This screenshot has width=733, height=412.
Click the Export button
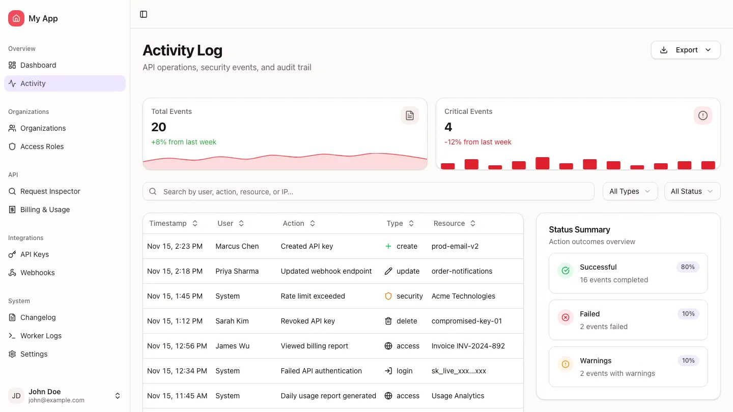pos(686,50)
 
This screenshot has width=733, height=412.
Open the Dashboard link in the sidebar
pos(38,65)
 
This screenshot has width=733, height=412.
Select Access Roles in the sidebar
pos(42,146)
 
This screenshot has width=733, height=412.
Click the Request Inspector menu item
pos(50,191)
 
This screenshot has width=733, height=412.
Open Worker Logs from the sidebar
pos(41,336)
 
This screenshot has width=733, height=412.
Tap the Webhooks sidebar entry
pos(38,273)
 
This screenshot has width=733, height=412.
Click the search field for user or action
pos(369,192)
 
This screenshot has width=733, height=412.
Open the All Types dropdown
pos(630,191)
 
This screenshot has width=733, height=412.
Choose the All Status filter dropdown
pos(692,191)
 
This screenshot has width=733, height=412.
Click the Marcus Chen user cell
pos(237,246)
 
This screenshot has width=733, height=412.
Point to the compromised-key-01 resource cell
pos(467,321)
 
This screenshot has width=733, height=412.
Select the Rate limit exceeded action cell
pos(313,296)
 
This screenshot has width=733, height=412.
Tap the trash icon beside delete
pos(388,321)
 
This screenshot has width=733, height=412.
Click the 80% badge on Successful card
pos(688,267)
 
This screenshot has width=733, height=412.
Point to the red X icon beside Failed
pos(565,318)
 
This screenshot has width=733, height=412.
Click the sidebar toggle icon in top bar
pos(144,14)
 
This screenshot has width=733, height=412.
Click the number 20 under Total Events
pos(159,127)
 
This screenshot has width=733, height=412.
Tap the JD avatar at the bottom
pos(16,396)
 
